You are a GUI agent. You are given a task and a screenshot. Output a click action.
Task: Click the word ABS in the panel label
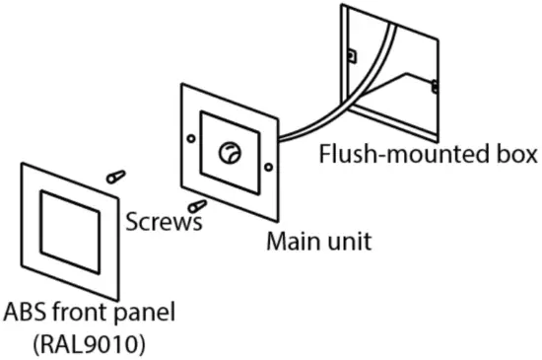click(x=23, y=315)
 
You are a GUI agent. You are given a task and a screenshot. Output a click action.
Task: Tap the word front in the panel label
click(x=78, y=315)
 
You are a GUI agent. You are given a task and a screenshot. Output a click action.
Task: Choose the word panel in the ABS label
click(x=144, y=315)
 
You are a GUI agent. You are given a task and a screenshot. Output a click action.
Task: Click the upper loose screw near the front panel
click(x=115, y=177)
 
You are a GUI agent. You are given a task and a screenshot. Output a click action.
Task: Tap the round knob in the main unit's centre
click(x=230, y=152)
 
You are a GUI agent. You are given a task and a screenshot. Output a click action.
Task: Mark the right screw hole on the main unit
click(x=268, y=169)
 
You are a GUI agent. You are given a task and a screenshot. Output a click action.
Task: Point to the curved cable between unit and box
click(x=325, y=108)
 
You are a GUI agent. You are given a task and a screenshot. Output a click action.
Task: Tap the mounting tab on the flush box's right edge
click(x=435, y=86)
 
